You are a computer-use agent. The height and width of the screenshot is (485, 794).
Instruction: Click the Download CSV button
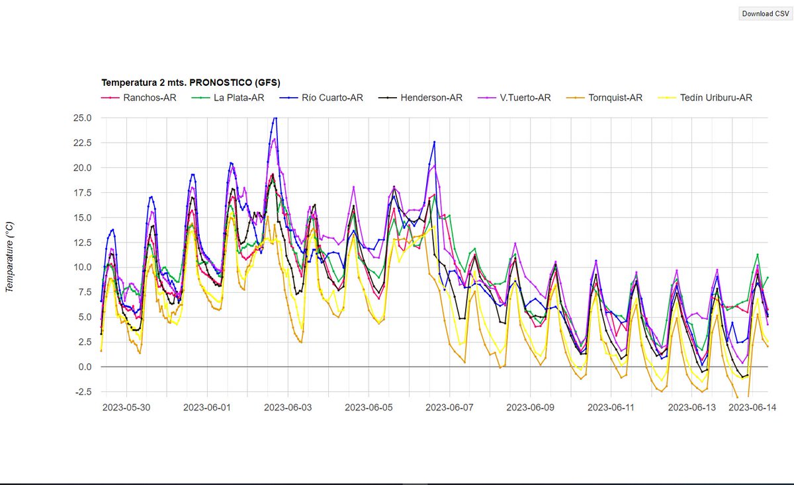766,13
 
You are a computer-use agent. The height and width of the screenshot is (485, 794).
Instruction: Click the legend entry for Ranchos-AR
149,98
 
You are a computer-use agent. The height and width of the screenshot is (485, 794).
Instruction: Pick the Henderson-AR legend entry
431,98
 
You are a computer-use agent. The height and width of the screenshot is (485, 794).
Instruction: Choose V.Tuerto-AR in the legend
525,98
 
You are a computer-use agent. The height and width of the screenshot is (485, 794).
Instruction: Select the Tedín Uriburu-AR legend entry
715,98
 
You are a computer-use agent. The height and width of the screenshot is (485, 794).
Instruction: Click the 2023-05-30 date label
126,408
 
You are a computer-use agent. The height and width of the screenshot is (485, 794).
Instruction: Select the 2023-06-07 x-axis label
449,408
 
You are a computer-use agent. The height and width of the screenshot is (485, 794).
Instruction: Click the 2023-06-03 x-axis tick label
288,408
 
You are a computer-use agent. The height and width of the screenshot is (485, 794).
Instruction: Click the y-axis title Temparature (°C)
9,257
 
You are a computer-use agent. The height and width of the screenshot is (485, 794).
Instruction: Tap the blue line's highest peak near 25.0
275,118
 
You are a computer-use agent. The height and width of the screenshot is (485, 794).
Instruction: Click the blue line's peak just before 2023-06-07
434,141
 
